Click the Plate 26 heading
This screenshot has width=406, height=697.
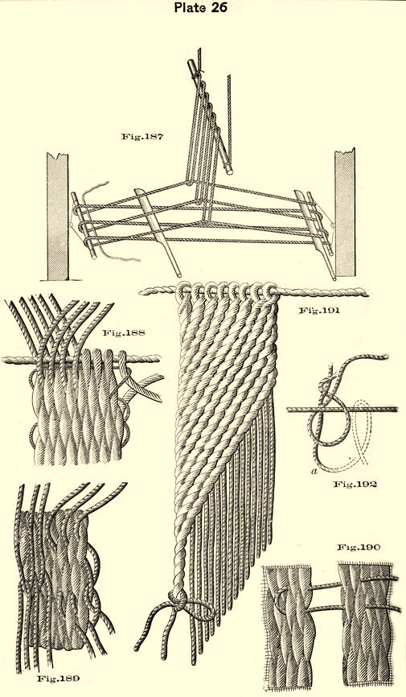(x=201, y=7)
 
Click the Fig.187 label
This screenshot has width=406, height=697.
(x=142, y=137)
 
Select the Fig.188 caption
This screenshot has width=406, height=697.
(x=124, y=333)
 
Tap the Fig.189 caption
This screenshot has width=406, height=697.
(x=58, y=678)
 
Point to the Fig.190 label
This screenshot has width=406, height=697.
(x=358, y=547)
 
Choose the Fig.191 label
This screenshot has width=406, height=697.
(x=319, y=311)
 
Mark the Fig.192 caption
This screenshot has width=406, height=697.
(x=355, y=484)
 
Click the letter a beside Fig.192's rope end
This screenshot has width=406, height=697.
(x=314, y=472)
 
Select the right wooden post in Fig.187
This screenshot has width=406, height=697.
(x=345, y=212)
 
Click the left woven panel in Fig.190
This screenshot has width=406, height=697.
(x=286, y=627)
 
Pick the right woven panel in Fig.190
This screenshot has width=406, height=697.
(x=365, y=625)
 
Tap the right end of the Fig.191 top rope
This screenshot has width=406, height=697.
(x=367, y=292)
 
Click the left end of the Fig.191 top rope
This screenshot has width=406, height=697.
(x=141, y=291)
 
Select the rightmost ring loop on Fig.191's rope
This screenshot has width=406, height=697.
(x=270, y=290)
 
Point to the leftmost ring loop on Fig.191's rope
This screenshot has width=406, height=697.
(x=183, y=291)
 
